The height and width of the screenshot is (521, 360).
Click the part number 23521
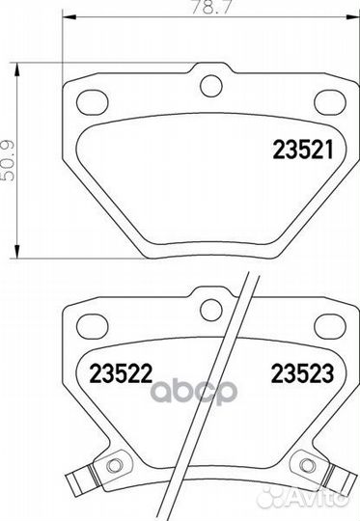click(x=303, y=150)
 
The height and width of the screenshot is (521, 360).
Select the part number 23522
click(x=121, y=373)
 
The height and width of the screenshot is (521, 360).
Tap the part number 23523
click(x=302, y=373)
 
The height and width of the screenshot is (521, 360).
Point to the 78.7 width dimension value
click(x=210, y=7)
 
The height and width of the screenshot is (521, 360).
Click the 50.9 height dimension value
click(x=8, y=160)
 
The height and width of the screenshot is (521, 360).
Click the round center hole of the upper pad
click(x=210, y=86)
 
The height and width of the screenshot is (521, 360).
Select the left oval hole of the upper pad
click(x=93, y=102)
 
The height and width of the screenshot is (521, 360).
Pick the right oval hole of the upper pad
click(x=330, y=102)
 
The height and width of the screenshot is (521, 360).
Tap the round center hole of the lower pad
click(x=210, y=310)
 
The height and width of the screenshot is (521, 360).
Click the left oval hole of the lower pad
click(x=93, y=326)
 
